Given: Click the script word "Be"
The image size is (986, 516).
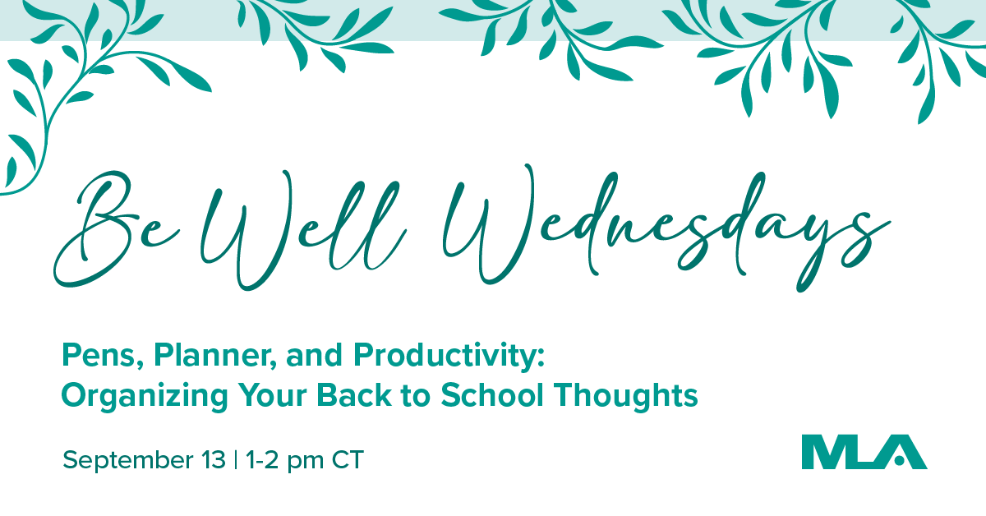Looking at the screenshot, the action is pyautogui.click(x=117, y=229).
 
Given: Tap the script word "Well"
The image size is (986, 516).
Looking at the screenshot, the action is pyautogui.click(x=304, y=229).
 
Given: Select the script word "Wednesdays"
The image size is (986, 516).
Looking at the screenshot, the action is pyautogui.click(x=667, y=229).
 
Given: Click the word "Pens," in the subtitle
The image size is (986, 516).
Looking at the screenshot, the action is pyautogui.click(x=103, y=356).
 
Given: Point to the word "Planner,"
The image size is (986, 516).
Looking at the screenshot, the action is pyautogui.click(x=215, y=356).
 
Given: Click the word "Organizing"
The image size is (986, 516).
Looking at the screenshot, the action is pyautogui.click(x=145, y=396).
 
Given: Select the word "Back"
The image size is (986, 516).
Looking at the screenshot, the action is pyautogui.click(x=354, y=394).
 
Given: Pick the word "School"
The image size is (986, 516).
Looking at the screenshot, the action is pyautogui.click(x=492, y=394).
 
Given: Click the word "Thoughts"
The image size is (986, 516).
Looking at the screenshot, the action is pyautogui.click(x=626, y=395).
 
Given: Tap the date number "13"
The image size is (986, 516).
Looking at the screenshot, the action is pyautogui.click(x=214, y=459).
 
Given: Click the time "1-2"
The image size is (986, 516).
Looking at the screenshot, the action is pyautogui.click(x=262, y=459).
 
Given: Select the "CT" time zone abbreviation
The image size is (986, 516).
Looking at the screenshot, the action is pyautogui.click(x=348, y=459).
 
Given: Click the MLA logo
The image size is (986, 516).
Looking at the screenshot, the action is pyautogui.click(x=864, y=452).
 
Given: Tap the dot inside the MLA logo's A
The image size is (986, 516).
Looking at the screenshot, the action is pyautogui.click(x=899, y=460).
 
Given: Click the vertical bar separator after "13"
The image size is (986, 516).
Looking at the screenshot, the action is pyautogui.click(x=236, y=459).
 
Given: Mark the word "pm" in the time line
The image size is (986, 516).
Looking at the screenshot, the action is pyautogui.click(x=306, y=463).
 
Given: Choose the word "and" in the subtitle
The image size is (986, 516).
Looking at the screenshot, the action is pyautogui.click(x=314, y=355).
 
